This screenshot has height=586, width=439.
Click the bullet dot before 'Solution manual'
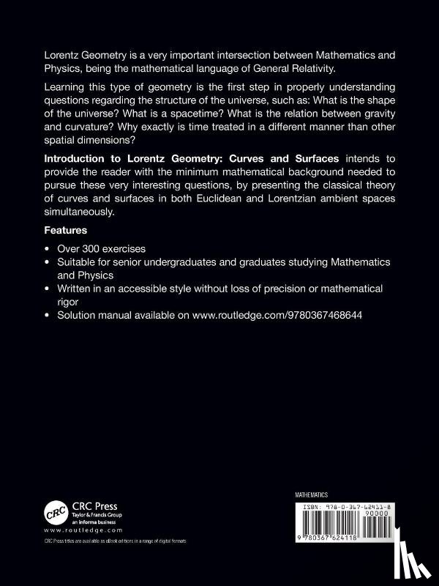tap(48, 315)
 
